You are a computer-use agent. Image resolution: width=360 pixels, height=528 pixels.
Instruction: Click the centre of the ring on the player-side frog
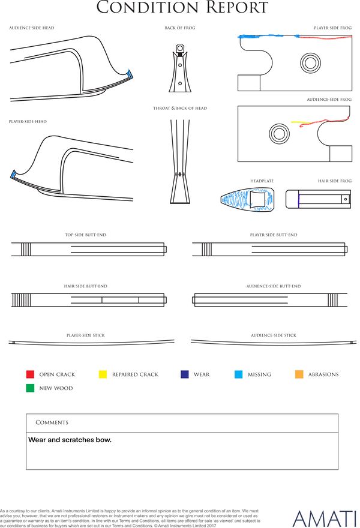point(310,63)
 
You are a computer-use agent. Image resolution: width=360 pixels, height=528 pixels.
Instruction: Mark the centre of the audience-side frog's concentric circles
point(279,133)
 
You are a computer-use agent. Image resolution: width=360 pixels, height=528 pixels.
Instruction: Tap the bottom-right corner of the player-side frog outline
point(352,91)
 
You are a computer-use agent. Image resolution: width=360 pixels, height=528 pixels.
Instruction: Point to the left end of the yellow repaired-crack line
point(292,122)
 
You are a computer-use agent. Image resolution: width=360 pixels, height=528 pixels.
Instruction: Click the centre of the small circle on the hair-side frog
point(345,199)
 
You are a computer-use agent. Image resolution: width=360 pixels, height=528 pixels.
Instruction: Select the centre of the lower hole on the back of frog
point(180,83)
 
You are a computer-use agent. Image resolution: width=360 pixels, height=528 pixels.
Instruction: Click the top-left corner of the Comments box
point(26,414)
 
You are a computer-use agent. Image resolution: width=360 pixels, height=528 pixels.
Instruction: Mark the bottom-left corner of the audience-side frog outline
point(238,161)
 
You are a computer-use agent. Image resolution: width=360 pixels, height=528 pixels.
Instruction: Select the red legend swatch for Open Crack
point(30,374)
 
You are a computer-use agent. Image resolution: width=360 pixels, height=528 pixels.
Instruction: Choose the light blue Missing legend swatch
point(238,374)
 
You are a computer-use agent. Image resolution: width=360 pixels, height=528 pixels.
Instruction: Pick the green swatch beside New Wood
point(30,388)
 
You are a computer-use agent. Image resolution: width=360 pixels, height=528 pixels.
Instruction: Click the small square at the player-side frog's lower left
point(249,83)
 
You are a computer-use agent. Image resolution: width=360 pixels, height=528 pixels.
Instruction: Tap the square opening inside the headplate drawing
point(257,199)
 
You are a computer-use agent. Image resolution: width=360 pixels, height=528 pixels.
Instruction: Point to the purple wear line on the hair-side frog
point(298,199)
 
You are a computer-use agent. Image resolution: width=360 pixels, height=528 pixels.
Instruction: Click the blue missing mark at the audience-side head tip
point(130,74)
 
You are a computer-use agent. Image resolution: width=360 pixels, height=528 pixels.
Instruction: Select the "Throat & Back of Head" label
point(180,108)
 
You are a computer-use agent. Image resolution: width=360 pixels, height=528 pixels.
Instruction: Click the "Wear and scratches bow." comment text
point(70,440)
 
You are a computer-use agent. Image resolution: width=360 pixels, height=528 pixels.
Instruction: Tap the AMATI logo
point(324,519)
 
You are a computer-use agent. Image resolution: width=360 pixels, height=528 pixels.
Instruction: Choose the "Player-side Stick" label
point(86,335)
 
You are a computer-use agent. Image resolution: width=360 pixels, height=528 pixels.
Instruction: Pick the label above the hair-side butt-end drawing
point(86,286)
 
